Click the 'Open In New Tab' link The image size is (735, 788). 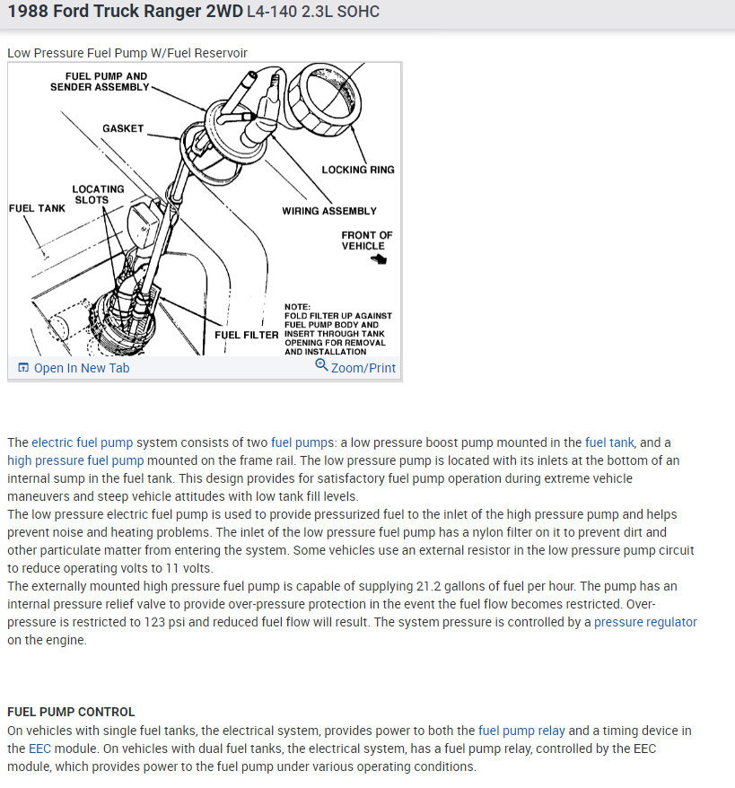(x=81, y=368)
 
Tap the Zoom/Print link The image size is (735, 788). (x=355, y=368)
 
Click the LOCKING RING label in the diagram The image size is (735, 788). (x=357, y=170)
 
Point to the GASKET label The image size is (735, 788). (x=123, y=128)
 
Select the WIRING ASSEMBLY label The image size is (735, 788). (x=329, y=211)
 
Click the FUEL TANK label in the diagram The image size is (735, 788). (x=37, y=208)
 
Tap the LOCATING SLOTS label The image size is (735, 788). (x=98, y=195)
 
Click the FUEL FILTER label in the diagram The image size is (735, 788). (x=246, y=335)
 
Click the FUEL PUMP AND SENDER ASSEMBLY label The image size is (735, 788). (x=100, y=82)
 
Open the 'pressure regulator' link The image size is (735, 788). (x=645, y=622)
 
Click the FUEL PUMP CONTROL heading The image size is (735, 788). (x=71, y=712)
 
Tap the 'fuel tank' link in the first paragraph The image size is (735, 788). (x=609, y=442)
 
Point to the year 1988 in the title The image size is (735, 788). (x=31, y=13)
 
